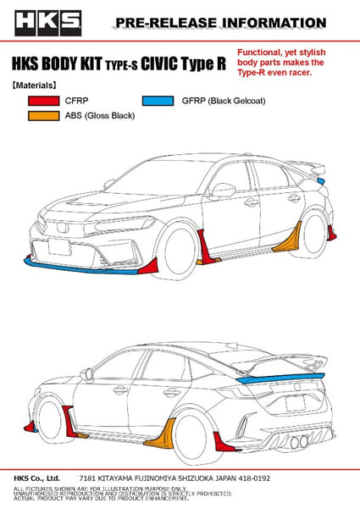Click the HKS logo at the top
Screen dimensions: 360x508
[48, 23]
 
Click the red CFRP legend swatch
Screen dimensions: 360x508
[44, 101]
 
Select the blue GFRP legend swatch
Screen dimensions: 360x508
[158, 101]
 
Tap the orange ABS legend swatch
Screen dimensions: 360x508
[44, 116]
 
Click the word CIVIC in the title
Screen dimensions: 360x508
[159, 63]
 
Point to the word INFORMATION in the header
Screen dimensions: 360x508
[274, 23]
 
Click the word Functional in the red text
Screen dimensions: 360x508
[258, 52]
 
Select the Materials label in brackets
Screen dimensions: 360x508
[34, 86]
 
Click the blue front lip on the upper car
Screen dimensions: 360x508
[81, 268]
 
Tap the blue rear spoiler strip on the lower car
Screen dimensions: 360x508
[280, 378]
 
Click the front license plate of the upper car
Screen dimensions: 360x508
[59, 246]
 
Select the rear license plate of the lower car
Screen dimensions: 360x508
[296, 403]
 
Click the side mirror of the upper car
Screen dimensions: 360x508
[223, 190]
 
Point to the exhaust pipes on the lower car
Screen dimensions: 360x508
[299, 443]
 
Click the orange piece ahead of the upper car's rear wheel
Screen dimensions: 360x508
[287, 239]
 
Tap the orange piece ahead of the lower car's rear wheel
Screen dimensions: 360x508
[161, 434]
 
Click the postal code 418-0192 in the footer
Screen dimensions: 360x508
[254, 478]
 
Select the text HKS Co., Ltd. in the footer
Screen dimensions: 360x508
[37, 478]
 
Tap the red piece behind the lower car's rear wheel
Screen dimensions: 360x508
[224, 442]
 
